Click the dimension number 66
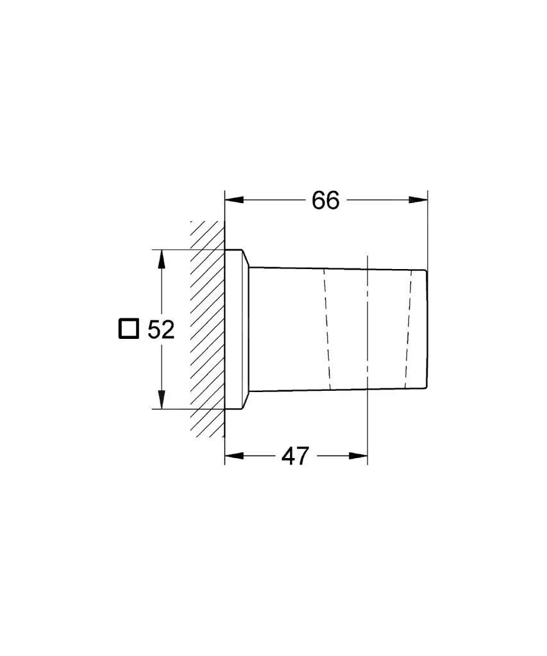(325, 201)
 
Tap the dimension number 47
(295, 456)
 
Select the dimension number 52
(161, 329)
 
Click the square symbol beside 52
(128, 329)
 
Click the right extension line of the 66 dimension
(427, 231)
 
